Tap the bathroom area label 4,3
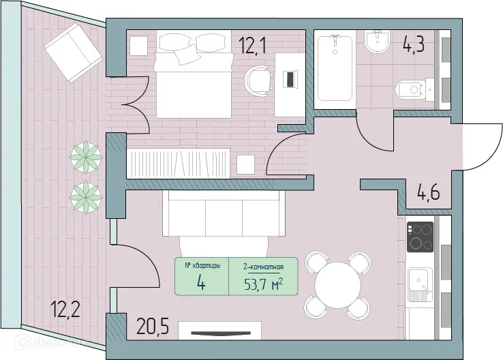[x=413, y=47]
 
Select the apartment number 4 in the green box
[x=201, y=282]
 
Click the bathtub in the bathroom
[x=335, y=68]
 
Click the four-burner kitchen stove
[x=420, y=237]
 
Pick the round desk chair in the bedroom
[x=258, y=78]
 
